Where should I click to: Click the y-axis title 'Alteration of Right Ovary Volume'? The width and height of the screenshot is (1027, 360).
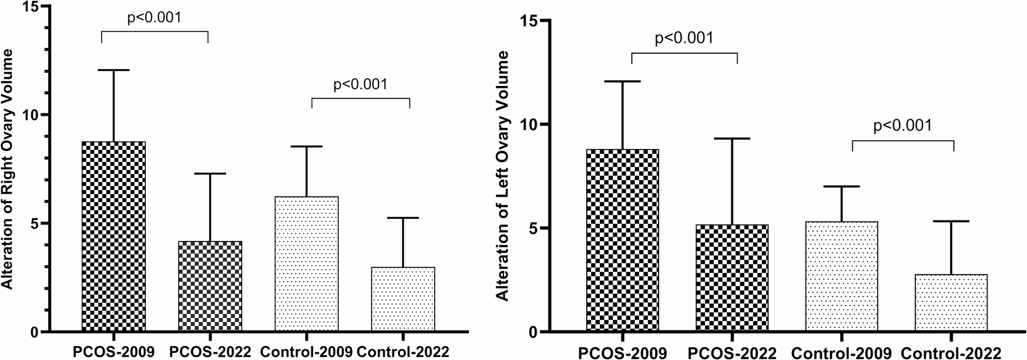click(x=9, y=169)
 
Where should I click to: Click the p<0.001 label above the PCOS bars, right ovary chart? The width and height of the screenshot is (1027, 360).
click(x=154, y=18)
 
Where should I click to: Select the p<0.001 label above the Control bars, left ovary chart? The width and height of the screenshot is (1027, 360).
click(x=903, y=126)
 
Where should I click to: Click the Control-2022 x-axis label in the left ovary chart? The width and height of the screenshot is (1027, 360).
click(x=951, y=353)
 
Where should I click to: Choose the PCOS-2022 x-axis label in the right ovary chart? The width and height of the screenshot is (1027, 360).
click(x=210, y=352)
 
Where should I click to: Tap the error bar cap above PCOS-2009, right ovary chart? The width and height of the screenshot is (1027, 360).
click(x=114, y=70)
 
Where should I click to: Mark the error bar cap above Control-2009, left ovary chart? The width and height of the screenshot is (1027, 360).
click(x=841, y=187)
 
